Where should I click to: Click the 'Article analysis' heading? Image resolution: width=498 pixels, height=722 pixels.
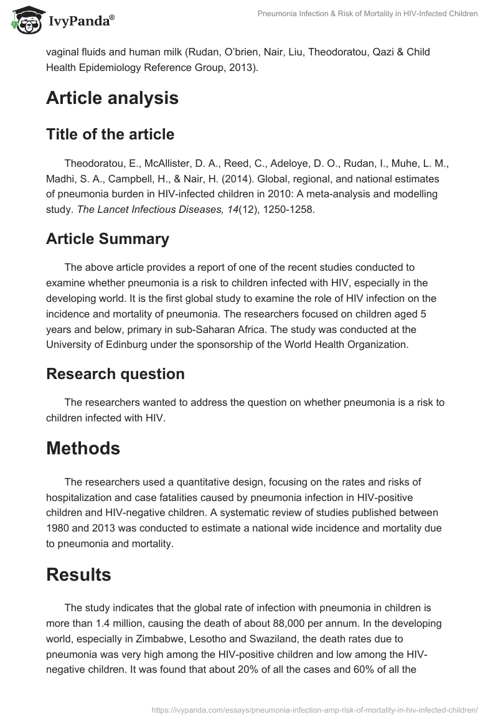[112, 98]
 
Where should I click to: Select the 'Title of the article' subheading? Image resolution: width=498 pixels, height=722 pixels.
[110, 134]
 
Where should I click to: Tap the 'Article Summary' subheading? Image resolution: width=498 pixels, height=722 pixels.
[108, 239]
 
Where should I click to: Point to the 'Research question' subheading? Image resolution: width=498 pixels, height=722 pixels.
[115, 374]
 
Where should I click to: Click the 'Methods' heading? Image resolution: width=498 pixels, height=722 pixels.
[83, 448]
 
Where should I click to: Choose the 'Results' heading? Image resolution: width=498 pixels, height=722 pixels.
[78, 574]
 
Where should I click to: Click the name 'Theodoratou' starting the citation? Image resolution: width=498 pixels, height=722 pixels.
[93, 164]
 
